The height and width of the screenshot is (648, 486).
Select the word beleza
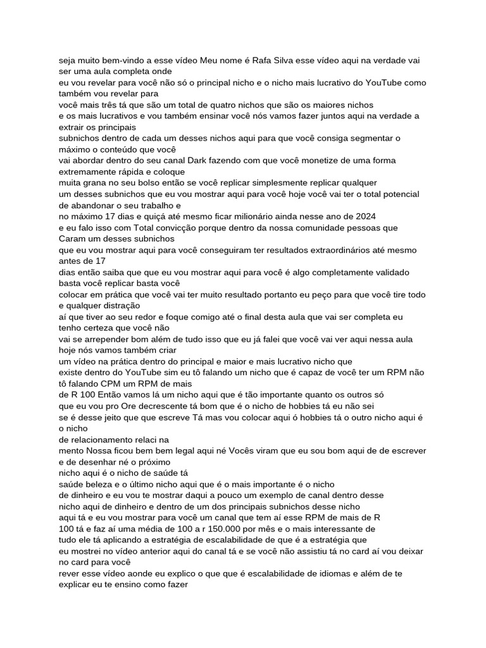coord(101,483)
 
